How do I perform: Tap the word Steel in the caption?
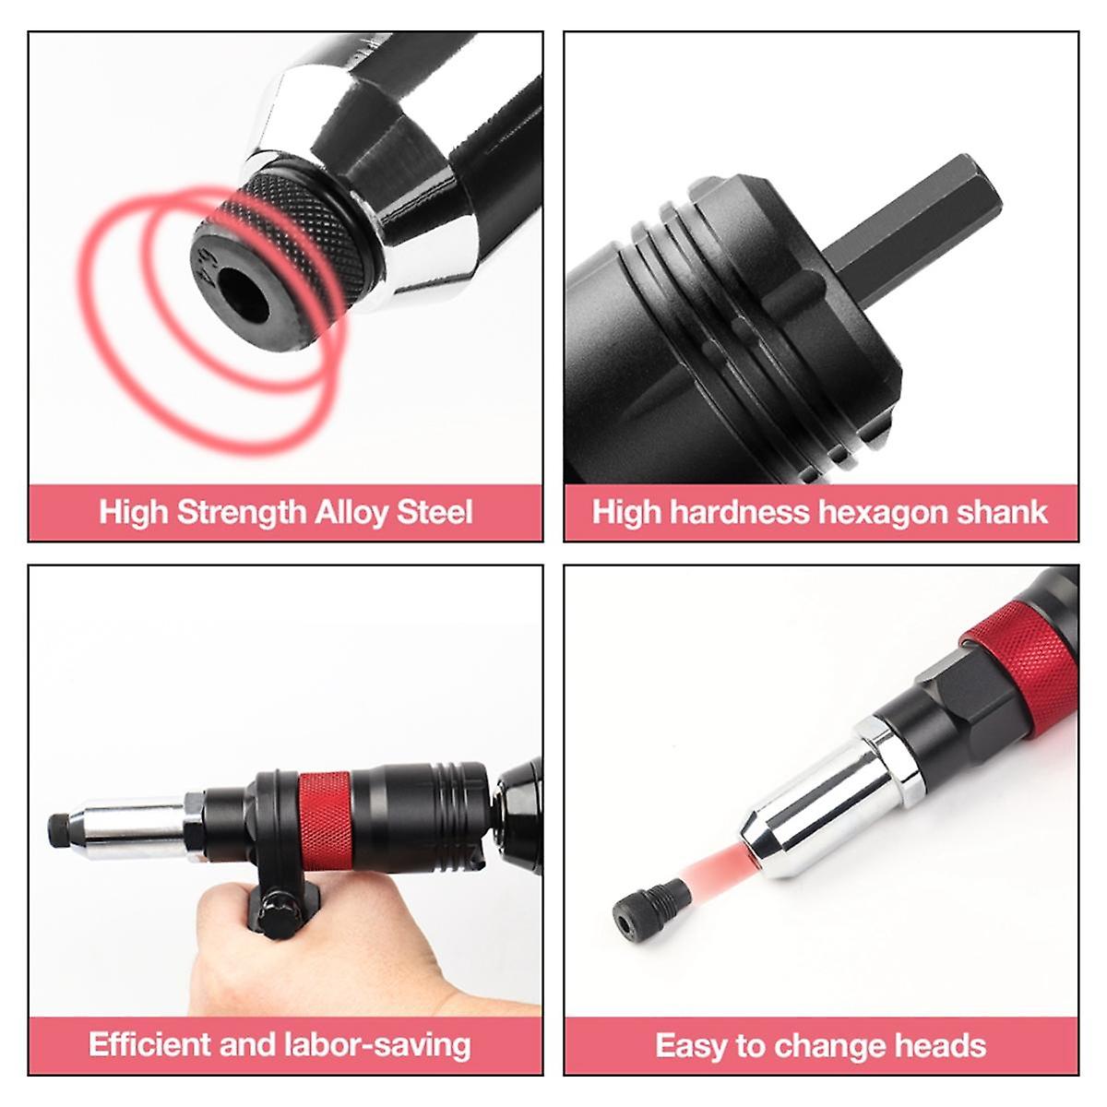tap(434, 512)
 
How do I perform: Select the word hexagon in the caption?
tap(873, 512)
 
